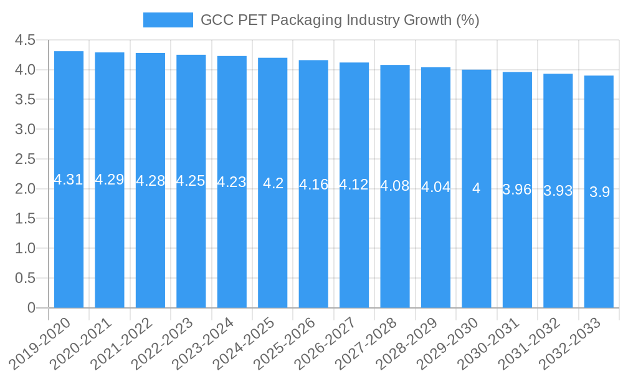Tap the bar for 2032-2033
[599, 249]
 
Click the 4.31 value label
[69, 180]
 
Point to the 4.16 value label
[313, 185]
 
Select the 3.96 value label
[517, 189]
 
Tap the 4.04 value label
[435, 187]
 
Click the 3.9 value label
[599, 192]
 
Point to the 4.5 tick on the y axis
[25, 40]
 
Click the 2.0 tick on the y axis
[25, 189]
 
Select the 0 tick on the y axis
[32, 308]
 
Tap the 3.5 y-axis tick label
[25, 100]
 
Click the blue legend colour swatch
[168, 20]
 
